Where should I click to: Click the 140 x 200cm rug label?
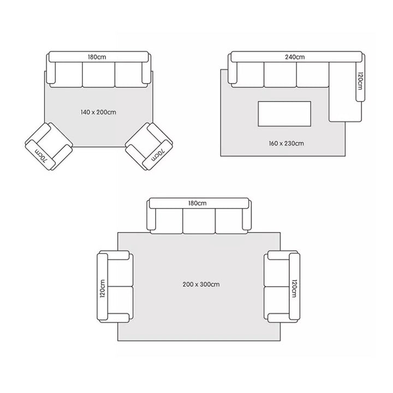click(x=98, y=112)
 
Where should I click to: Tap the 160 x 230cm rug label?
click(x=286, y=144)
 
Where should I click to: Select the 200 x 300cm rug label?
click(x=201, y=284)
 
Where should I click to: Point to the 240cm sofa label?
click(x=295, y=57)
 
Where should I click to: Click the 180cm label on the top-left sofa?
click(x=97, y=57)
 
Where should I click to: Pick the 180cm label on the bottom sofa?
click(x=198, y=203)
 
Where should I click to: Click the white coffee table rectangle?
click(x=284, y=114)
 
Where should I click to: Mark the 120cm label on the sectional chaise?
click(x=360, y=81)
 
